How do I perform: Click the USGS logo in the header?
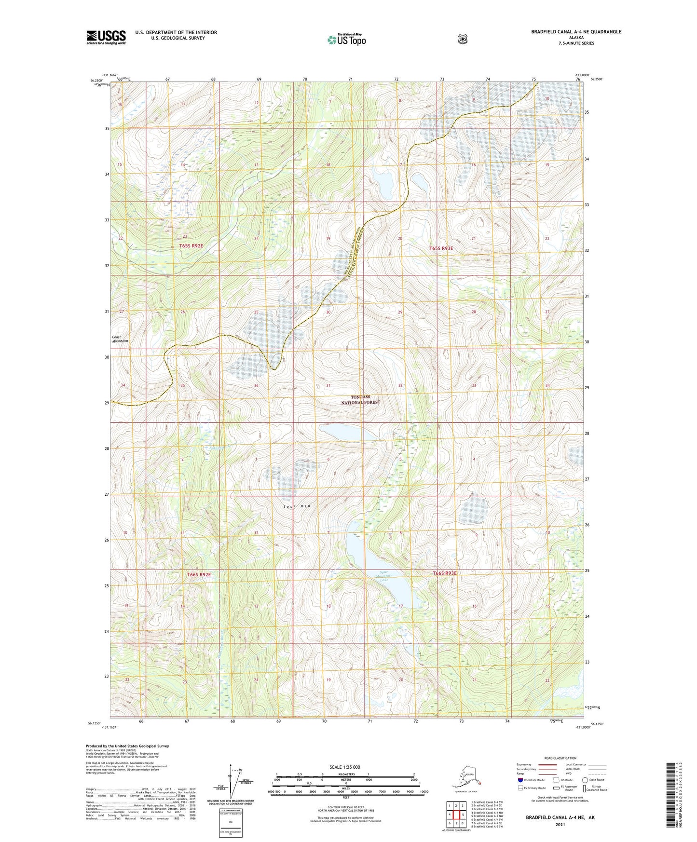[x=106, y=37]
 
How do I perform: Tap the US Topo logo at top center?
[x=346, y=40]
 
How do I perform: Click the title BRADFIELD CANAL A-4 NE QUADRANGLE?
[x=576, y=32]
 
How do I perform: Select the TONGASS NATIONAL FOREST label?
[x=360, y=399]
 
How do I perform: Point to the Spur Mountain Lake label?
[x=384, y=577]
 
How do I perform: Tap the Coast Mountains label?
[x=120, y=339]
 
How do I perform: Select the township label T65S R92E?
[x=191, y=246]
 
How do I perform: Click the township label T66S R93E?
[x=444, y=573]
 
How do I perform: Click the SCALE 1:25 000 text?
[x=344, y=767]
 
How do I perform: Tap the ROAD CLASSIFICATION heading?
[x=560, y=758]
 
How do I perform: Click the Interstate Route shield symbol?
[x=520, y=780]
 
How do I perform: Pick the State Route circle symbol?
[x=585, y=780]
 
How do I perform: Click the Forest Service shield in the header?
[x=463, y=39]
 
